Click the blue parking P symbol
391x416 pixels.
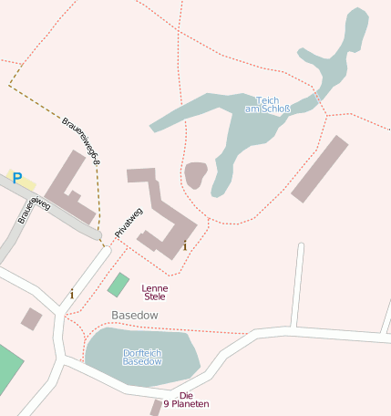(x=16, y=178)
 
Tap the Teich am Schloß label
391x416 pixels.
(x=267, y=105)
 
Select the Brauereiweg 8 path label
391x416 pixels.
(x=81, y=140)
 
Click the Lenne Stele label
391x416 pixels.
(x=155, y=292)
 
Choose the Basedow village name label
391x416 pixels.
(x=135, y=315)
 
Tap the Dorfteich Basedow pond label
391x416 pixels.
(x=142, y=357)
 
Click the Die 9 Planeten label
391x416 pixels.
(x=186, y=400)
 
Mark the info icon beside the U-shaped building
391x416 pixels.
(x=185, y=245)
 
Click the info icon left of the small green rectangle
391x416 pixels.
(x=72, y=294)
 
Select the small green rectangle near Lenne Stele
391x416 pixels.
(x=118, y=285)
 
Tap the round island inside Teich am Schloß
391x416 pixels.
(x=195, y=174)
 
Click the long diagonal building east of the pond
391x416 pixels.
(x=320, y=169)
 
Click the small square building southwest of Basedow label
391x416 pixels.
(x=32, y=318)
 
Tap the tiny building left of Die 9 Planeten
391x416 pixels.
(x=157, y=406)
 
